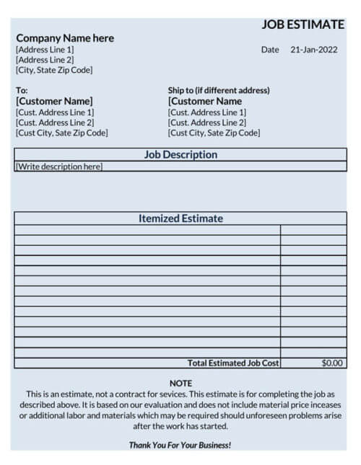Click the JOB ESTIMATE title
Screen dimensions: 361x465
(x=303, y=25)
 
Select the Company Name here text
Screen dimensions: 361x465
(x=65, y=38)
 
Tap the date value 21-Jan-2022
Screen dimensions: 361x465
(x=313, y=50)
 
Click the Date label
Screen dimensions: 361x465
(x=270, y=50)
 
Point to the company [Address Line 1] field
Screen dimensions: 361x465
(x=45, y=50)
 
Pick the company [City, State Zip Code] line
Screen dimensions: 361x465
(x=54, y=70)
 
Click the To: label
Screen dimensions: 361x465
(x=22, y=90)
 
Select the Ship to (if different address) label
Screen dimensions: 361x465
(x=219, y=90)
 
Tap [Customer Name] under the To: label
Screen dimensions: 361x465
(x=54, y=102)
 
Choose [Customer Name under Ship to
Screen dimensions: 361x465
(x=205, y=102)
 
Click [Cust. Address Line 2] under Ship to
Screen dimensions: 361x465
(x=206, y=123)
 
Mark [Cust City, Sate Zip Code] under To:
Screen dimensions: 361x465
(x=61, y=133)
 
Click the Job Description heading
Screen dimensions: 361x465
(x=180, y=155)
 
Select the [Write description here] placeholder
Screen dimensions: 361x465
(x=59, y=167)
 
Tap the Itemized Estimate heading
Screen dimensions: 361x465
(x=180, y=218)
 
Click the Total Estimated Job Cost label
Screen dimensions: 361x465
(x=233, y=363)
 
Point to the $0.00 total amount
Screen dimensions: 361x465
(x=332, y=363)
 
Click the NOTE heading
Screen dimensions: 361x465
(x=180, y=383)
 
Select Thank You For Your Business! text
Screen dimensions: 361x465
(x=180, y=445)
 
